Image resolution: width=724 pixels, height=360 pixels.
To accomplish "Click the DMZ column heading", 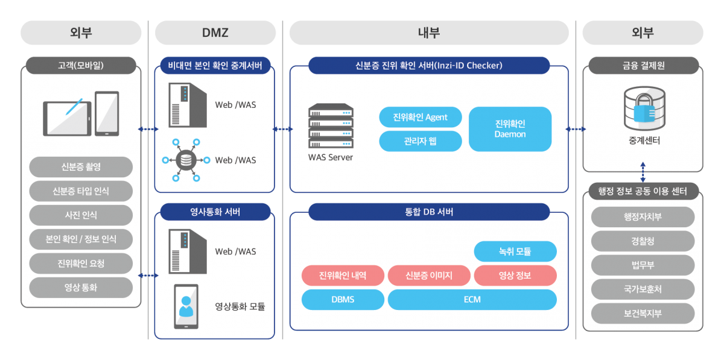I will tap(215, 33).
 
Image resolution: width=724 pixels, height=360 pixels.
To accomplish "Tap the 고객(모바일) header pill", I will tap(81, 65).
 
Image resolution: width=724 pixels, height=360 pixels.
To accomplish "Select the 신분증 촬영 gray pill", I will tap(81, 166).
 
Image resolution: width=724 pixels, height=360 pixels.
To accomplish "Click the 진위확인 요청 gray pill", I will tap(81, 263).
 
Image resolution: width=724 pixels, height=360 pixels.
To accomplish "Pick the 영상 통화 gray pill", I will tap(81, 288).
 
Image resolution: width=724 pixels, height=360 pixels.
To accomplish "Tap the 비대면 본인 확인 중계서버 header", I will tap(215, 65).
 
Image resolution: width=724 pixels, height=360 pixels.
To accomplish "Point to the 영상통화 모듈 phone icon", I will tap(186, 306).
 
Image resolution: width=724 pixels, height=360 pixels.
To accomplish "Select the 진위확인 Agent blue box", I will tap(420, 117).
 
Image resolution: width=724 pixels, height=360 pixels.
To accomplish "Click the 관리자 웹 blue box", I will tap(420, 141).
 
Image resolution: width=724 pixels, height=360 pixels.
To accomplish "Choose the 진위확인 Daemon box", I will tap(510, 129).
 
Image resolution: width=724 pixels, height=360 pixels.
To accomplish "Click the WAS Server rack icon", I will tap(331, 126).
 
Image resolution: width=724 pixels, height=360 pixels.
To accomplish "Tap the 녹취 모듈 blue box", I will tap(515, 251).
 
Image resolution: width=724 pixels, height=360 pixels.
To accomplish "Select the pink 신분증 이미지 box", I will tap(428, 276).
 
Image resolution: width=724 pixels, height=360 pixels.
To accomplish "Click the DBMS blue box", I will tap(343, 299).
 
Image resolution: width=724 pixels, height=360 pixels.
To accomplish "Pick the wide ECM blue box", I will tap(472, 299).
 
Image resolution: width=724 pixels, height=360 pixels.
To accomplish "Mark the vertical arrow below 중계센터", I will tap(643, 171).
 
